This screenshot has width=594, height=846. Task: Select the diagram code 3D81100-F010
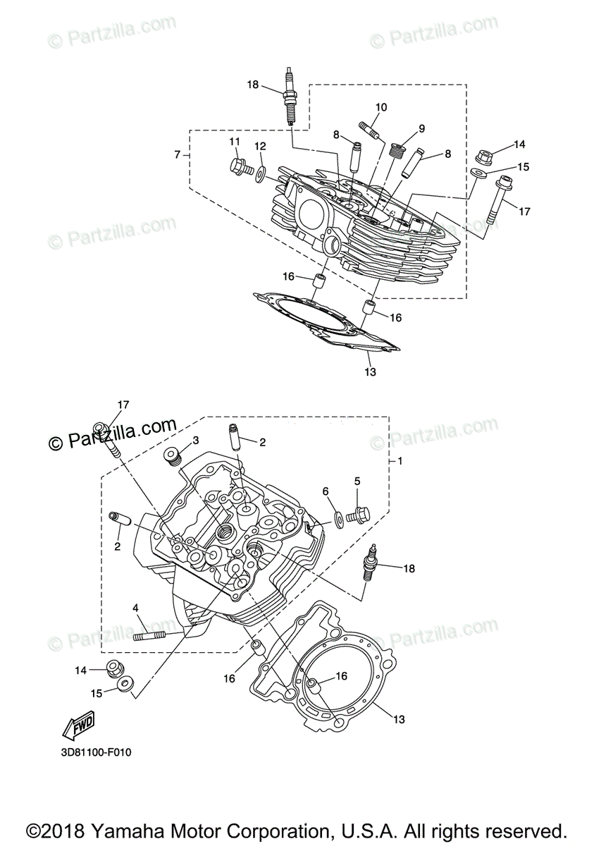click(x=96, y=752)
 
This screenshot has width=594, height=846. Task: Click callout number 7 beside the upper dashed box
click(x=178, y=154)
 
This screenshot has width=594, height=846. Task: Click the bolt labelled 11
click(x=238, y=167)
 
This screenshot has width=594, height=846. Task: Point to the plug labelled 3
click(x=171, y=457)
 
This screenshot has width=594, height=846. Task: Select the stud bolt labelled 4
click(x=149, y=637)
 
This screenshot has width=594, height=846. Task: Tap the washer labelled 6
click(x=339, y=519)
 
